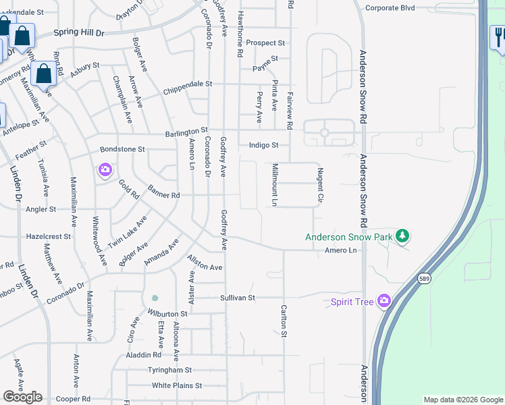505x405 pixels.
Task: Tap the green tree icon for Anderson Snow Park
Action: tap(402, 236)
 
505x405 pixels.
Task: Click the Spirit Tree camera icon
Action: tap(384, 300)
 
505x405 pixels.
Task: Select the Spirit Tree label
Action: tap(352, 302)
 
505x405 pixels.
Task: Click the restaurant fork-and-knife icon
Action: tap(498, 38)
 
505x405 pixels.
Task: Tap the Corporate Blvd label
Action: tap(390, 8)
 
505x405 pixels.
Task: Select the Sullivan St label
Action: tap(237, 297)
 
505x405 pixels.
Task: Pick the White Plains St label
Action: tap(177, 385)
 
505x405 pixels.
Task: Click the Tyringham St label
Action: tap(170, 370)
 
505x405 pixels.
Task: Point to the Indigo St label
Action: tap(263, 144)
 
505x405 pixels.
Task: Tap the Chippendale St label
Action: tap(188, 84)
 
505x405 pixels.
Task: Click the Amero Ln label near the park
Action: tap(340, 250)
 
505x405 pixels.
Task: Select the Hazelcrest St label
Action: tap(48, 237)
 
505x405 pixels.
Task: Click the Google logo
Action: tap(22, 396)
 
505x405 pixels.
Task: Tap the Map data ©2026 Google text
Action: tap(463, 400)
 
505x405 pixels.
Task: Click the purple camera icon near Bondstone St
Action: tap(105, 169)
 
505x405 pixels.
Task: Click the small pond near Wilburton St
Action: tap(155, 298)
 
